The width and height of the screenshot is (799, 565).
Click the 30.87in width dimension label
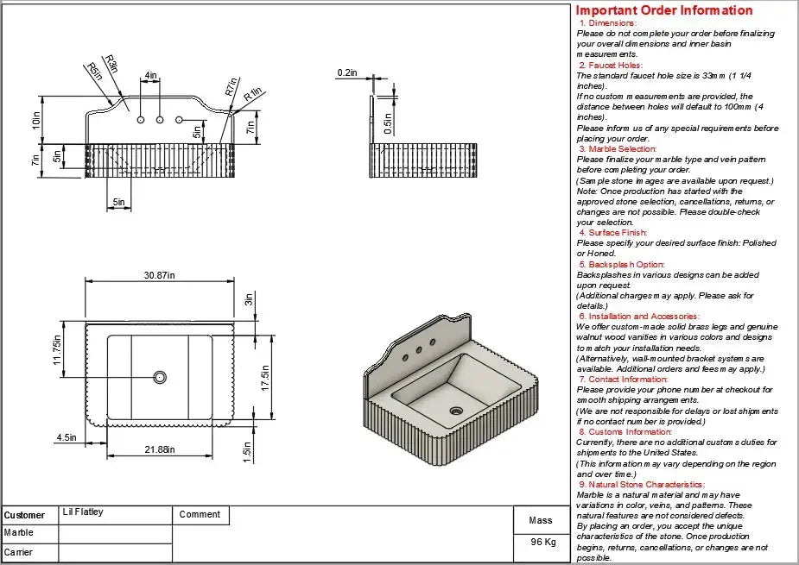(159, 275)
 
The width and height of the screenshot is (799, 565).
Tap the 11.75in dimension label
(58, 350)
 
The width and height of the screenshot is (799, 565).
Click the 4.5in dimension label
(67, 438)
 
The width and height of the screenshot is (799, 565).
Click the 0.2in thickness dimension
(346, 73)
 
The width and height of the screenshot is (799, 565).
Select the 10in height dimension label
(36, 121)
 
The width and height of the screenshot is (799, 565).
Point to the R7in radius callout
(231, 88)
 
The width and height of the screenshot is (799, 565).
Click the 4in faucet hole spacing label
(151, 76)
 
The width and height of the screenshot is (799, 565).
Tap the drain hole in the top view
(160, 376)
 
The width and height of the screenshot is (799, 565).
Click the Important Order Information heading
(664, 10)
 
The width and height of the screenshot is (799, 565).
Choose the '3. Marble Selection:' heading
(618, 149)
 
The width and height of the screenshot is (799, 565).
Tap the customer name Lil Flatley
(83, 512)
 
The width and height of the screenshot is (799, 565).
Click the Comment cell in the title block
(200, 514)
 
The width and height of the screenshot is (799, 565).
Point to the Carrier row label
(18, 552)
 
